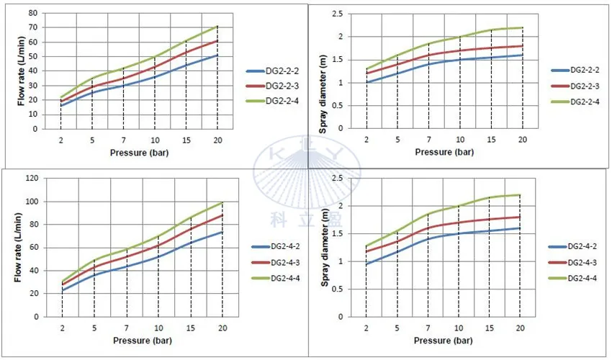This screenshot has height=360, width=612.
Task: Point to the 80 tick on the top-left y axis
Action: click(32, 14)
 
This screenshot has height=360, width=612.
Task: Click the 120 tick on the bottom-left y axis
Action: click(30, 179)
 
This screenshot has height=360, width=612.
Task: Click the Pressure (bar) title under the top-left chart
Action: click(139, 153)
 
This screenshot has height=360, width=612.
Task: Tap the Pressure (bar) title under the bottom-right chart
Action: click(444, 340)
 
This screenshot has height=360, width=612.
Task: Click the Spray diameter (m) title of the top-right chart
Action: click(332, 70)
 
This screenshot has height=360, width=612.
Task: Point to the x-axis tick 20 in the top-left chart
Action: click(217, 140)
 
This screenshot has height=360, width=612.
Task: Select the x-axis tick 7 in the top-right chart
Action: click(428, 140)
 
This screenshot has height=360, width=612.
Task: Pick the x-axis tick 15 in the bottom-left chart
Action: click(191, 327)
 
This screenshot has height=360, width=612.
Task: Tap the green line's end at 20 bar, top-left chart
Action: click(217, 27)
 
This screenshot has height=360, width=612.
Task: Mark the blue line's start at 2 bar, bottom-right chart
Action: click(366, 264)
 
